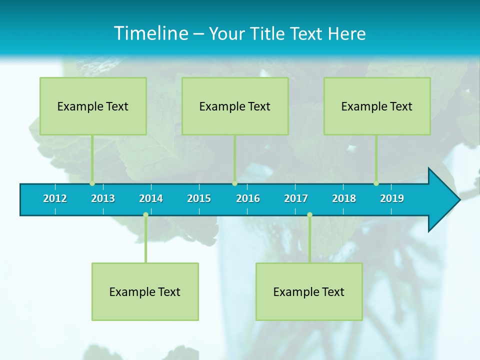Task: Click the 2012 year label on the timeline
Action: pos(55,198)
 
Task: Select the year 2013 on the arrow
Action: pos(103,198)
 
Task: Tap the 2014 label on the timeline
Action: pos(151,198)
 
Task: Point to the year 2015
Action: pos(199,198)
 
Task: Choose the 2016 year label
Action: pos(248,198)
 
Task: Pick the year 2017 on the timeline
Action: pos(296,198)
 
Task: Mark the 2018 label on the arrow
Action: pos(344,198)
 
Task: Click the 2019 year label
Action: pos(392,198)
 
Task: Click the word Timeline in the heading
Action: pos(150,33)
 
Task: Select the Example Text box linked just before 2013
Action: pos(93,106)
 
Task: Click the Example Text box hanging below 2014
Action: pos(145,291)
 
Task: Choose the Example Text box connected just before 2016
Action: pos(235,106)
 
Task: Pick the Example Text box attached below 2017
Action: pos(309,291)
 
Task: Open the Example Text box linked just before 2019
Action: pos(377,106)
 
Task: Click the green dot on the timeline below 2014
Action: pos(145,215)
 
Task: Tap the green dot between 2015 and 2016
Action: pos(234,183)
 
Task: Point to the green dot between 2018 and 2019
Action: pos(376,183)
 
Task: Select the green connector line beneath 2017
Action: pos(309,240)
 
